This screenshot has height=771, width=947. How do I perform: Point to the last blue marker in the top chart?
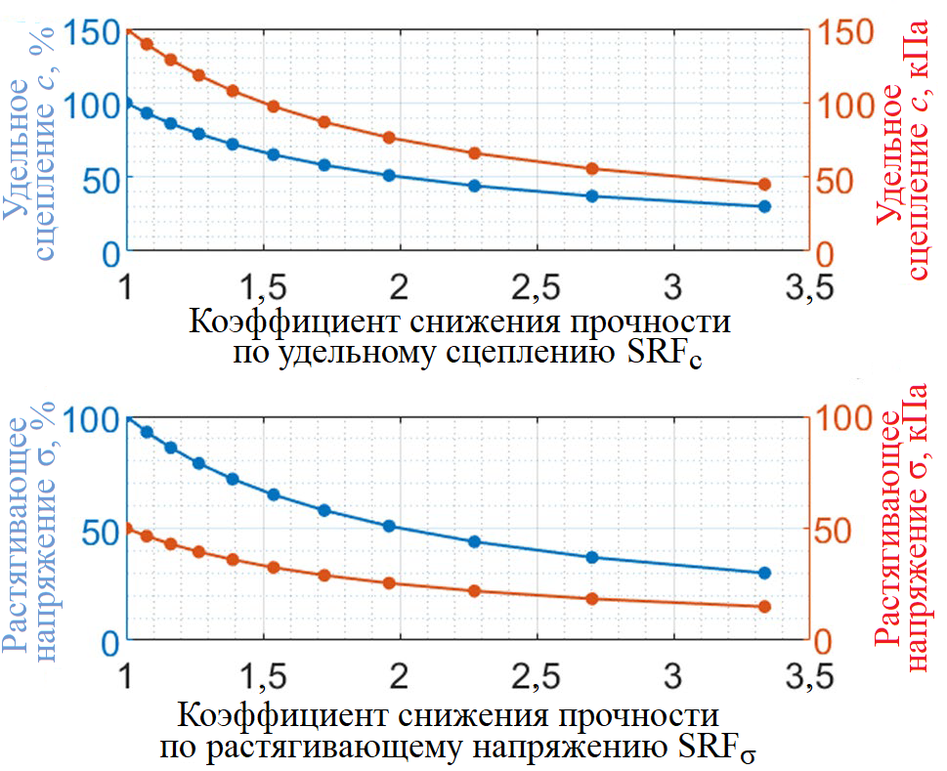(764, 206)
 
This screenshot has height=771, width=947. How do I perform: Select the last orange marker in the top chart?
(764, 185)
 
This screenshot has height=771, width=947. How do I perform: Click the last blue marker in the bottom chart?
(764, 573)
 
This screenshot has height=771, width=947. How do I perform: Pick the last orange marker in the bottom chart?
(764, 607)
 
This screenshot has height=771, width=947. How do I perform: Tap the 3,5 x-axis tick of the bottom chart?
(807, 676)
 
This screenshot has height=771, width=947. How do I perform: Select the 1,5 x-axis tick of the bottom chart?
(262, 676)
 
